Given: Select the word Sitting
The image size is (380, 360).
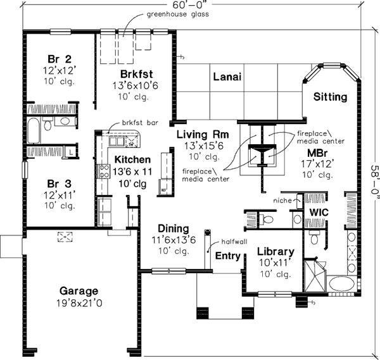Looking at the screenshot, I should (x=330, y=97).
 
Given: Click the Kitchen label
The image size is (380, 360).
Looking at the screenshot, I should (x=132, y=159).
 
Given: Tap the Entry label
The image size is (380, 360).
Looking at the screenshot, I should (x=227, y=256).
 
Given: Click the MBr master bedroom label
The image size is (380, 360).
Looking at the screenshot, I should (x=319, y=154).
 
